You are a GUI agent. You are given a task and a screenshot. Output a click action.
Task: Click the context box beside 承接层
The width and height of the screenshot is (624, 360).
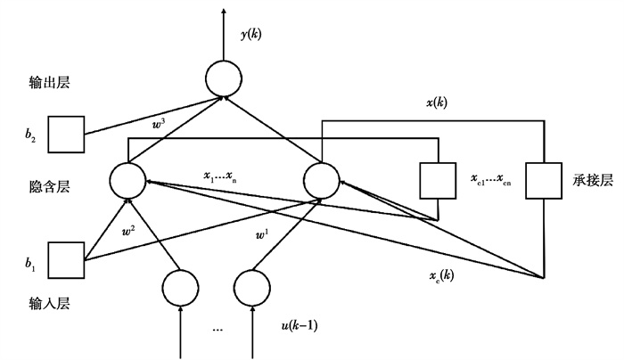(543, 181)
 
